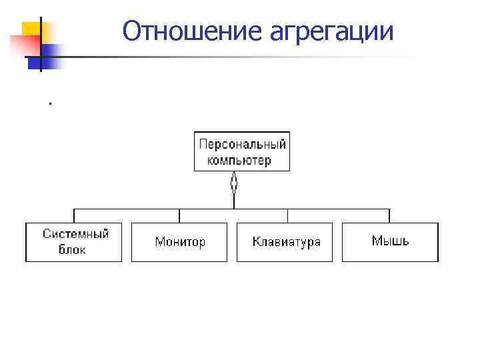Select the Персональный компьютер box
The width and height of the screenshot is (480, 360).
tap(242, 151)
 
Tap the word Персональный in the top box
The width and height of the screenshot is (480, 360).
tap(243, 144)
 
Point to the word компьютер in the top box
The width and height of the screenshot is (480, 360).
tap(239, 160)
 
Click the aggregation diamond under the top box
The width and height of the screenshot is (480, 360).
tap(234, 182)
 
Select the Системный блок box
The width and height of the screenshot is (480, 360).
tap(74, 242)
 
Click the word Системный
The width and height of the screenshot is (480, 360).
tap(75, 234)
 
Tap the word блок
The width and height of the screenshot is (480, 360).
tap(72, 251)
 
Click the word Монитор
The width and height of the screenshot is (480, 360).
tap(180, 242)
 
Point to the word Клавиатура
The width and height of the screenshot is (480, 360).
tap(287, 242)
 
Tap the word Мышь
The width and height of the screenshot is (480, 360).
tap(391, 241)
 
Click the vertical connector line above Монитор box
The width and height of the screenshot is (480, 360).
tap(179, 216)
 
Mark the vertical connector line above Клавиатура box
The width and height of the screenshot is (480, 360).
tap(287, 216)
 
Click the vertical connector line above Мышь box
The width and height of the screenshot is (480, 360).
tap(390, 216)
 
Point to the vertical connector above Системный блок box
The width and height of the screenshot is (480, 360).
tap(74, 216)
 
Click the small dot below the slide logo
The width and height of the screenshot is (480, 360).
tap(49, 103)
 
